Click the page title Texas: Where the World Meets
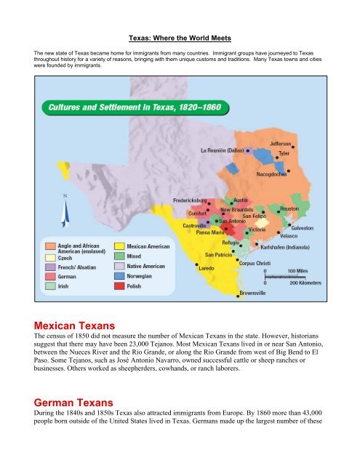[x=180, y=35]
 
